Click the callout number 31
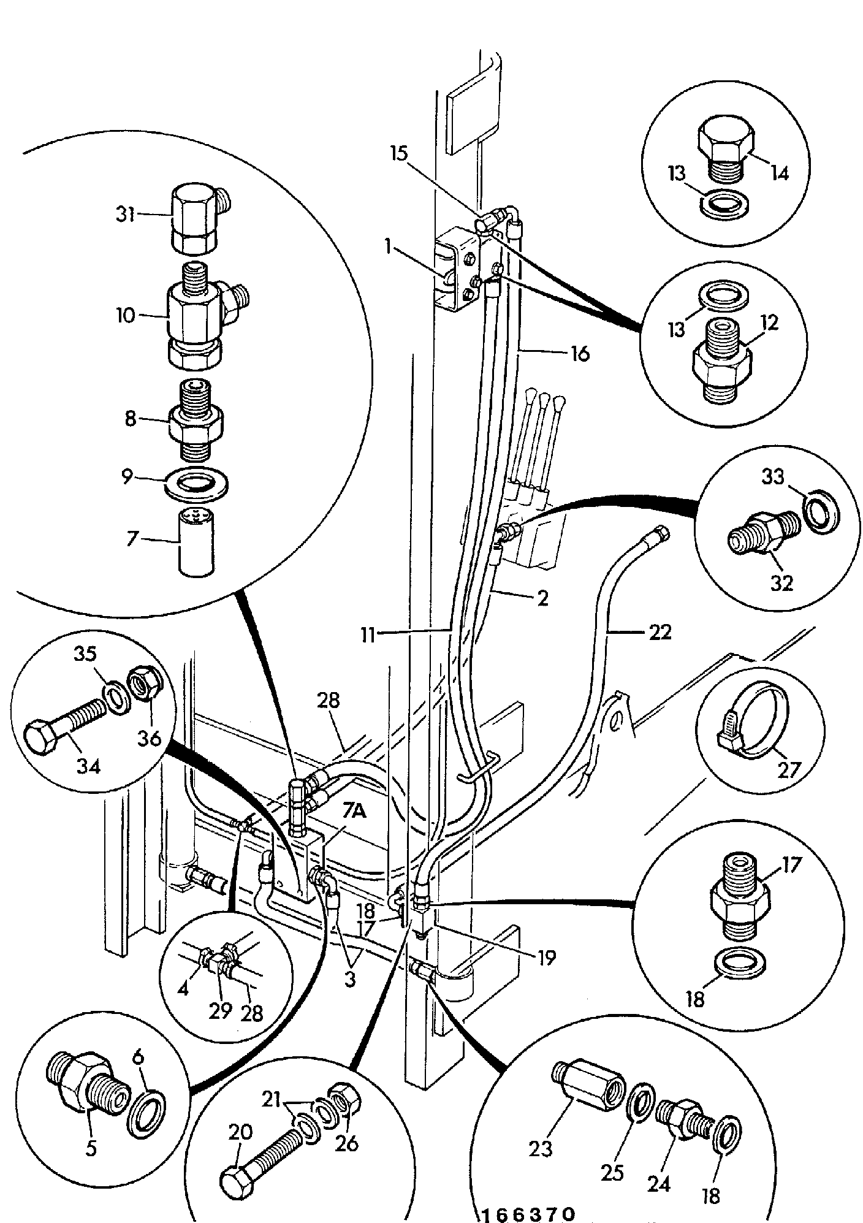coord(126,216)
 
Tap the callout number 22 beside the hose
coord(660,632)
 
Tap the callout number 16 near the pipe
coord(579,354)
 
